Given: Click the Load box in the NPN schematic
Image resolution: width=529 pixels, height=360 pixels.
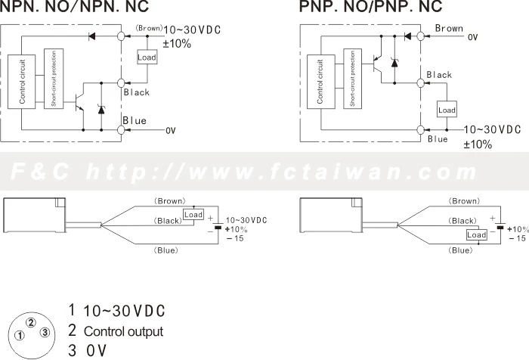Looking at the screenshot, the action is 147,57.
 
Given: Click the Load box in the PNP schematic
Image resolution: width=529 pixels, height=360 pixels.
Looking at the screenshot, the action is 447,110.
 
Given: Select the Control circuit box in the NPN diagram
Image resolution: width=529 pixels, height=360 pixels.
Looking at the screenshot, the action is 22,82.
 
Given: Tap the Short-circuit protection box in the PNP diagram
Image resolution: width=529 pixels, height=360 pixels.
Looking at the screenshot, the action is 353,79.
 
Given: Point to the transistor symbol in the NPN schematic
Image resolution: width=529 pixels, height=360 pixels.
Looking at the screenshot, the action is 80,102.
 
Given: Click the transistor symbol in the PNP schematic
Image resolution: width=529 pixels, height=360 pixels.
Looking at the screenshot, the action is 378,64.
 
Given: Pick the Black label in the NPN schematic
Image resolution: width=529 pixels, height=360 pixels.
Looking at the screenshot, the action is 136,92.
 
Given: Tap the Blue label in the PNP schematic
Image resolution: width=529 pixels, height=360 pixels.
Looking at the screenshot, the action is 438,139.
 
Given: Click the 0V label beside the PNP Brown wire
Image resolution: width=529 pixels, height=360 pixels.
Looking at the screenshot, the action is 472,37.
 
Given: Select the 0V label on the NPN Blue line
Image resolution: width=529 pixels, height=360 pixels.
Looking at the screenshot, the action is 171,130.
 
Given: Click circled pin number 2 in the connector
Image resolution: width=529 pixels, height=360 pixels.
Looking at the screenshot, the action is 31,323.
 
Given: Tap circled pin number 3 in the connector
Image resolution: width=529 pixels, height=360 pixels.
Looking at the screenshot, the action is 45,333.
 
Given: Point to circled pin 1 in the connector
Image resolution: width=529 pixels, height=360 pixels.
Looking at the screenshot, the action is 20,336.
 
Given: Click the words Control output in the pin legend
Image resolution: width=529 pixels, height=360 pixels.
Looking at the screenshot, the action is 123,331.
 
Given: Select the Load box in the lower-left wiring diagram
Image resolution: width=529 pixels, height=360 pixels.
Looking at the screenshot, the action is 193,215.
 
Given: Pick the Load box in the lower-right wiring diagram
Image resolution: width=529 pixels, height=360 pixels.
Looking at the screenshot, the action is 477,234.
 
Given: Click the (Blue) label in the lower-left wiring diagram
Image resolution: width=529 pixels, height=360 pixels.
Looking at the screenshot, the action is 166,250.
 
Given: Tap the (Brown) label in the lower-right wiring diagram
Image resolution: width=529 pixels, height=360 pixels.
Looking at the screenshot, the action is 464,201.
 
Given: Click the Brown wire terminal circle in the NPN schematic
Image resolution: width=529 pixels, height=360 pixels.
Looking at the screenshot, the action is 121,36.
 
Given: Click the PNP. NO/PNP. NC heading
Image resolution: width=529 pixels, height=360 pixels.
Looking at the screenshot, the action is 370,6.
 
